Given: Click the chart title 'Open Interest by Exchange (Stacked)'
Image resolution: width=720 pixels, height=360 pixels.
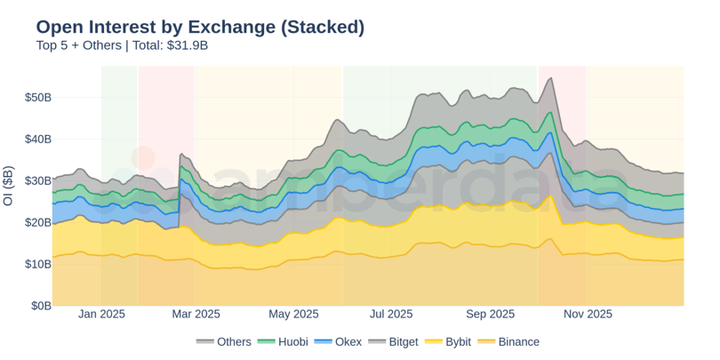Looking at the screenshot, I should (200, 27).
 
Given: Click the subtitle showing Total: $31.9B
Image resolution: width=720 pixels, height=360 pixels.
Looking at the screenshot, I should (122, 45).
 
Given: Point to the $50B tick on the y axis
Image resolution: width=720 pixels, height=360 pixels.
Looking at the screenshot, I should (36, 97).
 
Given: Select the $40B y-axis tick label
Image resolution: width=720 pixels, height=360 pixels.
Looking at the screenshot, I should (36, 139).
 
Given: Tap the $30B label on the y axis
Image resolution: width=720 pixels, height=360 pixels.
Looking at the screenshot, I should (36, 180).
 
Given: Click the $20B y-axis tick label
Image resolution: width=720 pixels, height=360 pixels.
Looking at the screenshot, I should (36, 222).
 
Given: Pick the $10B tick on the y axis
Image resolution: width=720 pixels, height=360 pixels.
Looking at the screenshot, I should (36, 264).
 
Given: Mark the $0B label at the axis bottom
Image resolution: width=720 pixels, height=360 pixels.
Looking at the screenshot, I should (40, 306).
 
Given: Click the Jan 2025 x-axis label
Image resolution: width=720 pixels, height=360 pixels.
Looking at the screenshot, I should (101, 314).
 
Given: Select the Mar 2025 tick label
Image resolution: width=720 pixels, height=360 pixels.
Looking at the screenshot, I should (195, 314).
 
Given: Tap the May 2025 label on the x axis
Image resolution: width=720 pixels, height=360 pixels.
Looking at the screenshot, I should (293, 314).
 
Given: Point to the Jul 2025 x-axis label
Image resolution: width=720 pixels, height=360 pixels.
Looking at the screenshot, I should (391, 314).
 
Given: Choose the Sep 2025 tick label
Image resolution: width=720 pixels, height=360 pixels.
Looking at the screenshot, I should (491, 314).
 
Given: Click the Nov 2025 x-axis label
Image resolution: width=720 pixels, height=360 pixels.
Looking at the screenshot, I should (588, 314).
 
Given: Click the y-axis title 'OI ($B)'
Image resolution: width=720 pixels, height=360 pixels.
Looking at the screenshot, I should (9, 186).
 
